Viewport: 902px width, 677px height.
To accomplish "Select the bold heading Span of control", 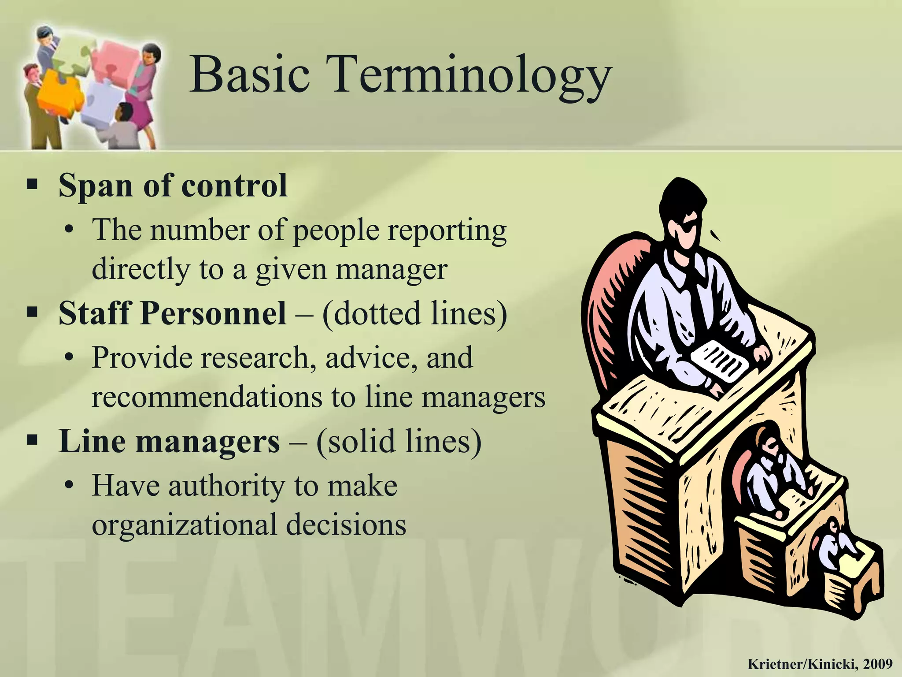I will tap(173, 186).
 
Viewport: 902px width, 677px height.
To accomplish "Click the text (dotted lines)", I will tap(414, 314).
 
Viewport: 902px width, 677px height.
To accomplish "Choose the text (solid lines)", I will tap(399, 442).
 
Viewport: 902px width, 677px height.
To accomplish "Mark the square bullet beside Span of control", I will tap(32, 184).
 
